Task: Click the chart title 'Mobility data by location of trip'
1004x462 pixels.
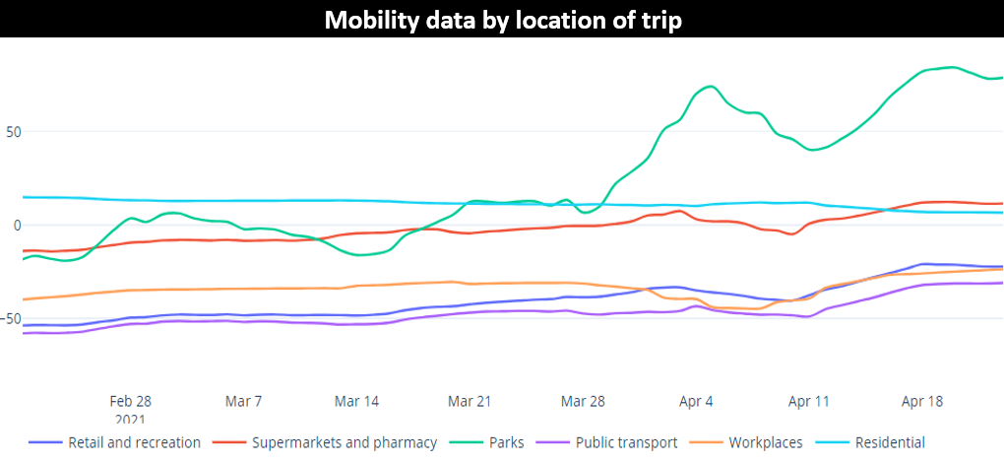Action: tap(501, 19)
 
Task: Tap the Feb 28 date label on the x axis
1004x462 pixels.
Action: tap(130, 401)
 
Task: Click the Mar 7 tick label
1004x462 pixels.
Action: tap(243, 401)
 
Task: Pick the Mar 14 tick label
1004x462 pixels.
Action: tap(356, 401)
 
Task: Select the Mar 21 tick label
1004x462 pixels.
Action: tap(470, 401)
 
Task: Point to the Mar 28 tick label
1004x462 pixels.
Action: tap(583, 401)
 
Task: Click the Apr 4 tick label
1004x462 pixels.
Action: tap(696, 401)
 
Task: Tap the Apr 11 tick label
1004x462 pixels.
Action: tap(809, 401)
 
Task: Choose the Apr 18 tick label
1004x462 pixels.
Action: tap(922, 401)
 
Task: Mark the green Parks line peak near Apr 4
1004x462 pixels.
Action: tap(711, 86)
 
